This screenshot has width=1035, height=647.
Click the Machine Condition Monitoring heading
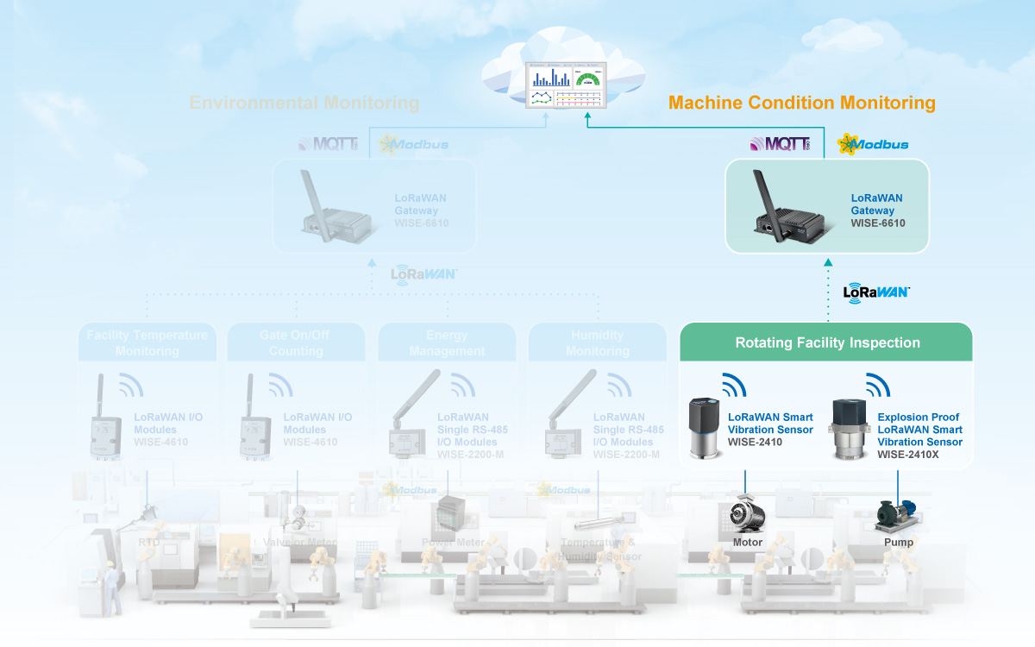[801, 104]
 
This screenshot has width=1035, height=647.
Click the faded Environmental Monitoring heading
[304, 104]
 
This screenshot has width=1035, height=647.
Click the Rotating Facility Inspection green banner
[827, 342]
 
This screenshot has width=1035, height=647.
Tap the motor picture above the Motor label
[747, 515]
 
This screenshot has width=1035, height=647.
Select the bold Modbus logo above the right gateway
[873, 144]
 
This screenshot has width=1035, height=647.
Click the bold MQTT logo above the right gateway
[781, 143]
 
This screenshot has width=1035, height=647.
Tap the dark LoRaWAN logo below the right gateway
[876, 292]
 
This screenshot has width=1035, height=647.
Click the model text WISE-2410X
[907, 455]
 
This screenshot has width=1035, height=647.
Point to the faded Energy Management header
[447, 342]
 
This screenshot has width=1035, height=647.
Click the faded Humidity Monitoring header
[597, 342]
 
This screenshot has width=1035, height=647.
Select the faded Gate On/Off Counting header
[296, 342]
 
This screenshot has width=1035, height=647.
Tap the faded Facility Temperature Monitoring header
[147, 342]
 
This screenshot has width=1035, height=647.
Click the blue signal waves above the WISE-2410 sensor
[733, 385]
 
